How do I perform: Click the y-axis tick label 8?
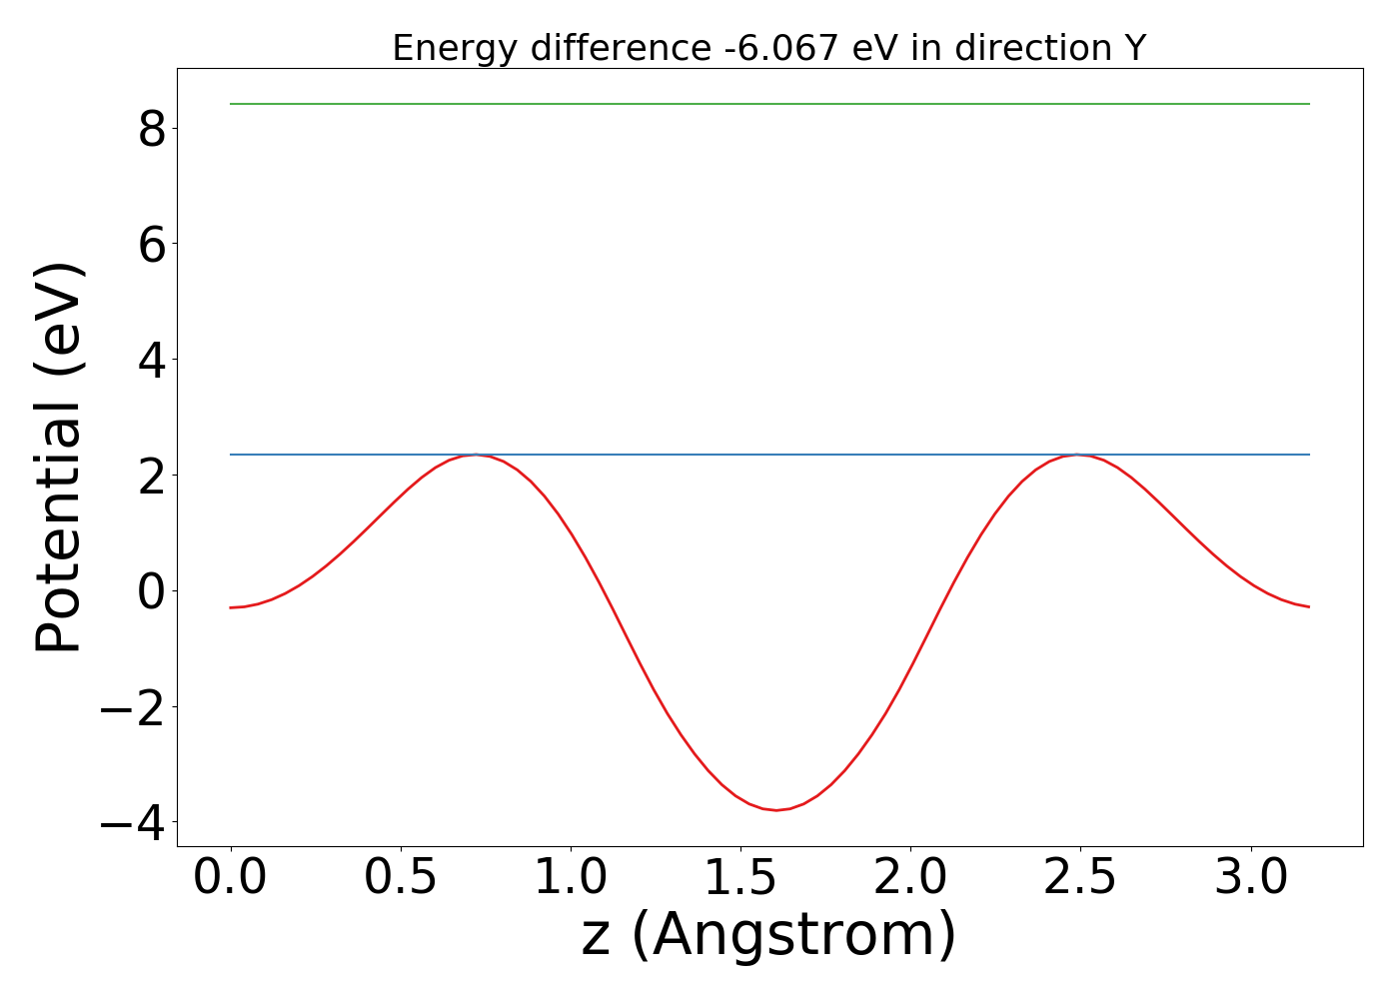(151, 129)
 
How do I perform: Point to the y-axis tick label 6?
(151, 244)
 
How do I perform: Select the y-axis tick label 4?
(151, 360)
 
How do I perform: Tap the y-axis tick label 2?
(151, 476)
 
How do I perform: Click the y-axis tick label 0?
(151, 590)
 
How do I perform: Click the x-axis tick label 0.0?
(231, 878)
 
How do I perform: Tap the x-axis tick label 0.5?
(401, 878)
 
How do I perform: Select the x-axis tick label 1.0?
(571, 878)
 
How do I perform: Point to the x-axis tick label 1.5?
(740, 878)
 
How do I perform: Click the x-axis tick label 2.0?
(910, 878)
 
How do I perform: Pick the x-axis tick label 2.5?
(1080, 878)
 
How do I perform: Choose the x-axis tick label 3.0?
(1250, 878)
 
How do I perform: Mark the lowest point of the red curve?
(776, 809)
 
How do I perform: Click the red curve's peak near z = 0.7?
(477, 456)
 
